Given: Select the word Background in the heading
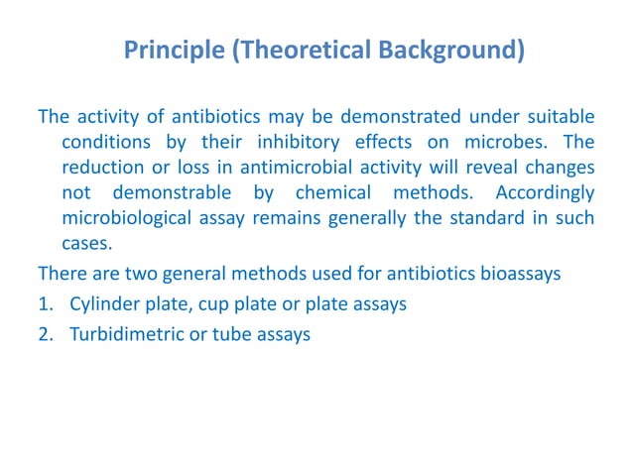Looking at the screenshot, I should pyautogui.click(x=451, y=50).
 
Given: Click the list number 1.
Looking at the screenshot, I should pyautogui.click(x=45, y=304).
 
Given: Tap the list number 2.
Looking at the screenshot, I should pyautogui.click(x=45, y=334).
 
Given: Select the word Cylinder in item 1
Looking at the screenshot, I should pyautogui.click(x=102, y=304).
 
